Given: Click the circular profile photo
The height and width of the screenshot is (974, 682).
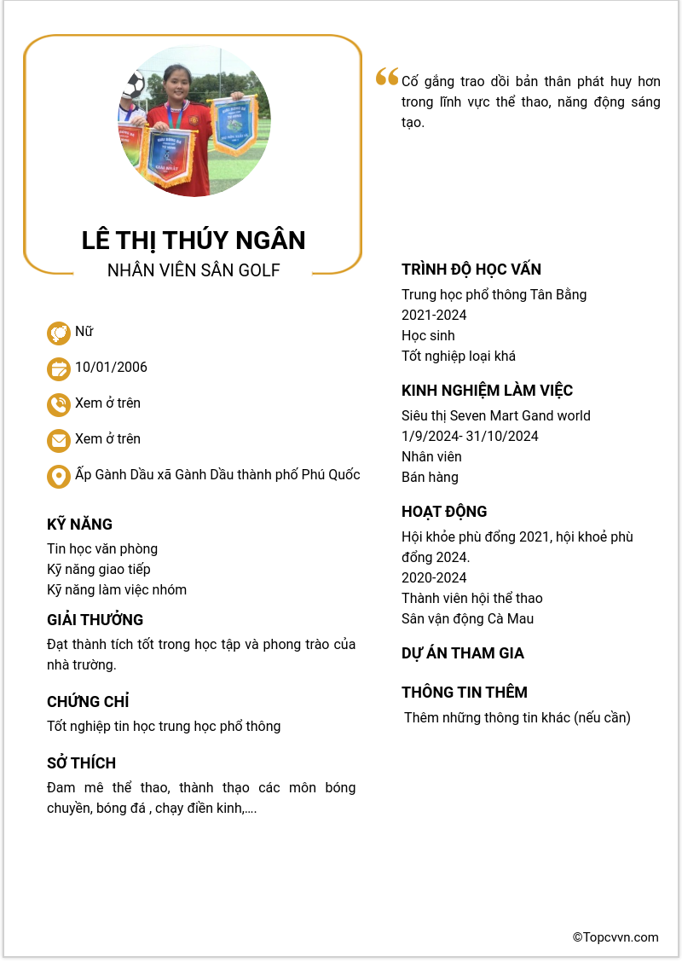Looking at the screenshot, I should coord(194,121).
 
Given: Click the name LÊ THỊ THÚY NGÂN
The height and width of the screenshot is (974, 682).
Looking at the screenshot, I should coord(194,241).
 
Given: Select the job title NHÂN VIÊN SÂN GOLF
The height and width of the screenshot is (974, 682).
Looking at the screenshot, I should coord(194,270).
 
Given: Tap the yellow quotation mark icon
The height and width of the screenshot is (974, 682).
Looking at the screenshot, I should coord(387,78).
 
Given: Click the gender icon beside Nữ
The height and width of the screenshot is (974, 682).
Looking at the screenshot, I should coord(59,333).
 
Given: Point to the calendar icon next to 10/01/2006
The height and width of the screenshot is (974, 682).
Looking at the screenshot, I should coord(59,368).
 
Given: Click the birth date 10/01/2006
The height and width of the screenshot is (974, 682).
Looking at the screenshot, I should coord(111,368).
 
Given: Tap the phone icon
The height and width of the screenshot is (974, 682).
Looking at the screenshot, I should coord(59,404).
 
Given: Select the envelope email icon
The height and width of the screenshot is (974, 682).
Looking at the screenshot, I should coord(59,440).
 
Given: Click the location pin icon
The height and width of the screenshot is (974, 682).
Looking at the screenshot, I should coord(59,476).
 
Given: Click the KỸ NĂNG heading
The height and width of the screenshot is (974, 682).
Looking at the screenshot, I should coord(79,525).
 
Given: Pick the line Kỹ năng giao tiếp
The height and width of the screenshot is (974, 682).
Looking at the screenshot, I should coord(99,569).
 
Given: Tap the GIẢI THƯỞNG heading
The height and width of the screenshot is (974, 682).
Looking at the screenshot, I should coord(95,620).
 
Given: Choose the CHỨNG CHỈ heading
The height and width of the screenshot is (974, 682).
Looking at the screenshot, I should coord(88,702).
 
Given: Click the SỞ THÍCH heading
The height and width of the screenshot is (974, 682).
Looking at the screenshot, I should coord(81,763).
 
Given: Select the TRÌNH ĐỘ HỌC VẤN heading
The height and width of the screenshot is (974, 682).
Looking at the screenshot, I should coord(471,270).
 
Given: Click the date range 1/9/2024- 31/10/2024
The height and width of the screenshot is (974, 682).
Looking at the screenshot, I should coord(470,436).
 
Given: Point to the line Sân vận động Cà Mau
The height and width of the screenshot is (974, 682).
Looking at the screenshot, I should coord(467,618).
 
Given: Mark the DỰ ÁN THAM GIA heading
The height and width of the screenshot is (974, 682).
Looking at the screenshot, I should coord(463,653).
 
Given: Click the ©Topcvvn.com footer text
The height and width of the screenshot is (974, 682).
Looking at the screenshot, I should coord(616,937).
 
